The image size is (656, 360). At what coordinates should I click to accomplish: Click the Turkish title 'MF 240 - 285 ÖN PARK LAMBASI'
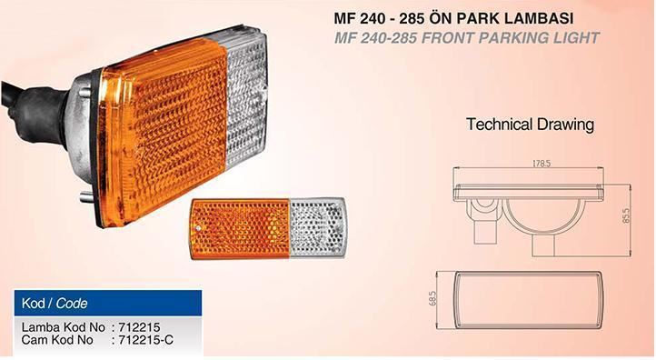tap(453, 18)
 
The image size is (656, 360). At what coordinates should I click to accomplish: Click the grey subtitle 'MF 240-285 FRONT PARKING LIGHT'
tap(466, 38)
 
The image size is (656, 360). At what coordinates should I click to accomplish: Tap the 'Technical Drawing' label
tap(530, 125)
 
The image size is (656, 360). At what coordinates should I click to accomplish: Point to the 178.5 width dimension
tap(542, 164)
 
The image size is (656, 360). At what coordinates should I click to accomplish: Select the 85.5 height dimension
tap(626, 215)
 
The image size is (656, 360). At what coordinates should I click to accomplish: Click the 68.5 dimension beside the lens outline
tap(432, 298)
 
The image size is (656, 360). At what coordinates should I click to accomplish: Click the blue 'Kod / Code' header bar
tap(108, 303)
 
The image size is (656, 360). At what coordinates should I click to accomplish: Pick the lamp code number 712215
tap(139, 327)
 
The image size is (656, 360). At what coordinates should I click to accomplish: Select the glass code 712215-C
tap(146, 340)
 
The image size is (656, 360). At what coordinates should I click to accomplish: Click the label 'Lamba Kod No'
tap(64, 327)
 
